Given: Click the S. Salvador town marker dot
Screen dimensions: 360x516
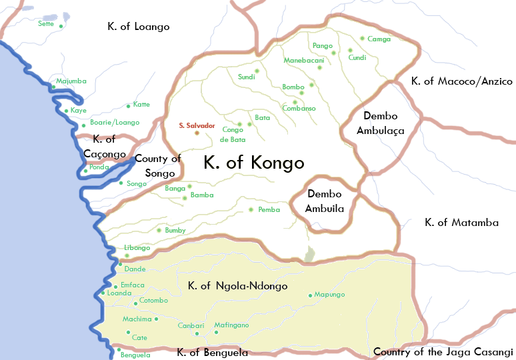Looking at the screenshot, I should tap(197, 133).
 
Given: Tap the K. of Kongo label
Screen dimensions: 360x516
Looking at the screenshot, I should tap(253, 163).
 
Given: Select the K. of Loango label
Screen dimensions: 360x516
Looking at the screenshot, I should tap(139, 27).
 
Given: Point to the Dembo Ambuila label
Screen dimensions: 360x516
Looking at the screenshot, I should tap(325, 201).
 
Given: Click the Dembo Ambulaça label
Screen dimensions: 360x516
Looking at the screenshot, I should tap(381, 123).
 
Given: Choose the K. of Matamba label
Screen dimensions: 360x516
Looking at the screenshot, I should tap(461, 223).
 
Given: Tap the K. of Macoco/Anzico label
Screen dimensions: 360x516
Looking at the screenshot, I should tap(461, 81).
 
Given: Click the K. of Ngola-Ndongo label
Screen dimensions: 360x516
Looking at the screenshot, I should tap(238, 286).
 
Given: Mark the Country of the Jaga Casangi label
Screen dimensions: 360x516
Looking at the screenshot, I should tap(443, 351).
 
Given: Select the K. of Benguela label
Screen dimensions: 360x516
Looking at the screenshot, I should tap(212, 352).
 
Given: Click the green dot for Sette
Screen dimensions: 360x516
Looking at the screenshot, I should tap(61, 26).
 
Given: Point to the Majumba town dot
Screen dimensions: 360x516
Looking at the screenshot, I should tap(53, 87).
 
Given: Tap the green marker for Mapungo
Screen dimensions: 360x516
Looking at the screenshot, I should tap(310, 295).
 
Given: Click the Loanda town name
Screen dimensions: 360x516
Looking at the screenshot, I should tap(118, 293).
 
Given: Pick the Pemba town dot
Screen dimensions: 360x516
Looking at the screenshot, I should tap(251, 210).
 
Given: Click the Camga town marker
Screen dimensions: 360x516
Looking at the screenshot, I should tap(362, 39).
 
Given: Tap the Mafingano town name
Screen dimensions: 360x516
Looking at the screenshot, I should tap(231, 325).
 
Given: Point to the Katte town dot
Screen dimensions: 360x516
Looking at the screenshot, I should tap(128, 105).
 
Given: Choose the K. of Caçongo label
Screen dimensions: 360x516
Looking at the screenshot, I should tap(105, 147).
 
